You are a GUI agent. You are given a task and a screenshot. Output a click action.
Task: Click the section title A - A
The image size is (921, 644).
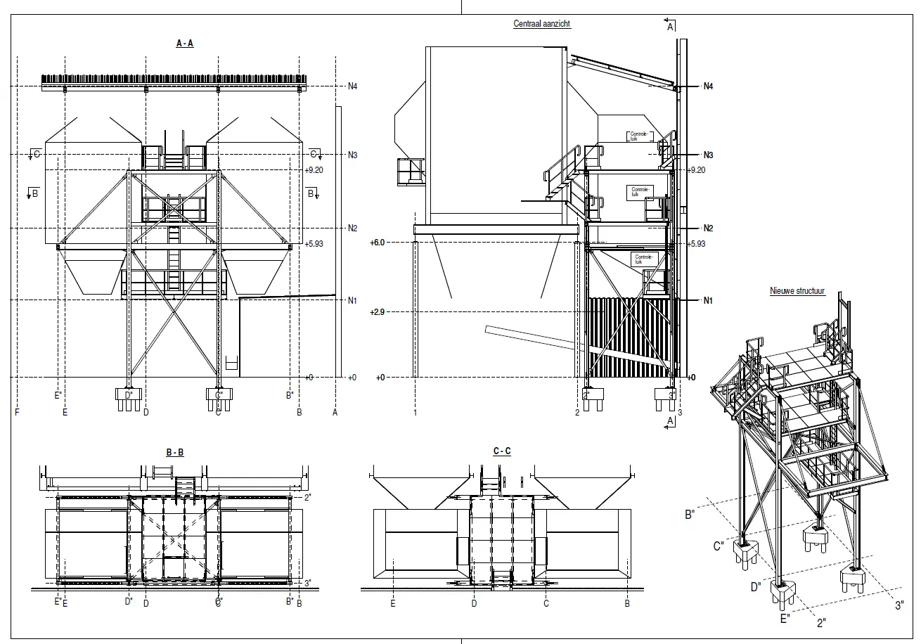point(185,44)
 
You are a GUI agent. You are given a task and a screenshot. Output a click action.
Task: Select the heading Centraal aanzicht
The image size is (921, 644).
point(541,24)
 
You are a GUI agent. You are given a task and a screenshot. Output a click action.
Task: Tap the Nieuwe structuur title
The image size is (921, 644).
point(797,290)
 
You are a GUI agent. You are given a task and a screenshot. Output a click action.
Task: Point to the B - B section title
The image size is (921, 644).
point(175,453)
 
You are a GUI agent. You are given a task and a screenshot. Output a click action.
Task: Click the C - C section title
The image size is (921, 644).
point(502,451)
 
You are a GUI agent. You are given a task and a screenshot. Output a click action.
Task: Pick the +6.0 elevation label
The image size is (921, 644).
point(378,243)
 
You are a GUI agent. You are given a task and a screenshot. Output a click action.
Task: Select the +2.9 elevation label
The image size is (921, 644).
point(378,311)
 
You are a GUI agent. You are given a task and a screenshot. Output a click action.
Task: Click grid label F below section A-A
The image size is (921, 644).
point(17,412)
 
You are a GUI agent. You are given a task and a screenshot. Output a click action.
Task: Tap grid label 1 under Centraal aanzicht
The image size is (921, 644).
point(416,412)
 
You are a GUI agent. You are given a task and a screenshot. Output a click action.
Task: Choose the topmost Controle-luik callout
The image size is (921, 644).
point(638,137)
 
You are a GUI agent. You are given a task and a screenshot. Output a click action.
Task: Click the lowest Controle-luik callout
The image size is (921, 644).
point(644,259)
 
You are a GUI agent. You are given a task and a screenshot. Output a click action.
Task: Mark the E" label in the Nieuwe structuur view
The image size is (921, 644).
point(785,618)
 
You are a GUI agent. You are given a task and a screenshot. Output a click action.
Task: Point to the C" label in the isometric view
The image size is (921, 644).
point(719,545)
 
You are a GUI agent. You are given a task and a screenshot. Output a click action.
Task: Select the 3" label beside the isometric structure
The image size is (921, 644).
point(899,605)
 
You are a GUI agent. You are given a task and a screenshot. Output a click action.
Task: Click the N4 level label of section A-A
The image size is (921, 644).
point(353,86)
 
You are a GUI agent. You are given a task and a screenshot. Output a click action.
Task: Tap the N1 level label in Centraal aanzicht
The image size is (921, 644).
point(709,300)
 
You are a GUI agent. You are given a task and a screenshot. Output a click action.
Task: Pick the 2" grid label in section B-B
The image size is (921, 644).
point(308,497)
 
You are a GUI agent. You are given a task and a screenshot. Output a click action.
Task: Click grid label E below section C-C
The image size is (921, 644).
point(393,603)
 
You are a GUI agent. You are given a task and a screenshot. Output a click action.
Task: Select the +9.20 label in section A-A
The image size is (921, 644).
point(313,170)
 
